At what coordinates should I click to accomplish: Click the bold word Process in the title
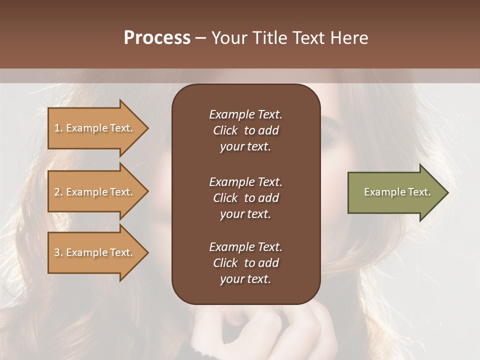tap(157, 38)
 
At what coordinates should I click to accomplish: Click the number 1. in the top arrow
tap(58, 128)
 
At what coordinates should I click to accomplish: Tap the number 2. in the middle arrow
tap(58, 192)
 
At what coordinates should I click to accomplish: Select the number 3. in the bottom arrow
tap(58, 252)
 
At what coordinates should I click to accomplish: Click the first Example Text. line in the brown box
tap(245, 114)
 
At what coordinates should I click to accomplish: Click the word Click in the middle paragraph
tap(225, 198)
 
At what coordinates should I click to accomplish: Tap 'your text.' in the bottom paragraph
tap(245, 279)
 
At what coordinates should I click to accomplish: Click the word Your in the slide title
tap(231, 38)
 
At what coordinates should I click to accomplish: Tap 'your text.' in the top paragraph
tap(245, 146)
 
